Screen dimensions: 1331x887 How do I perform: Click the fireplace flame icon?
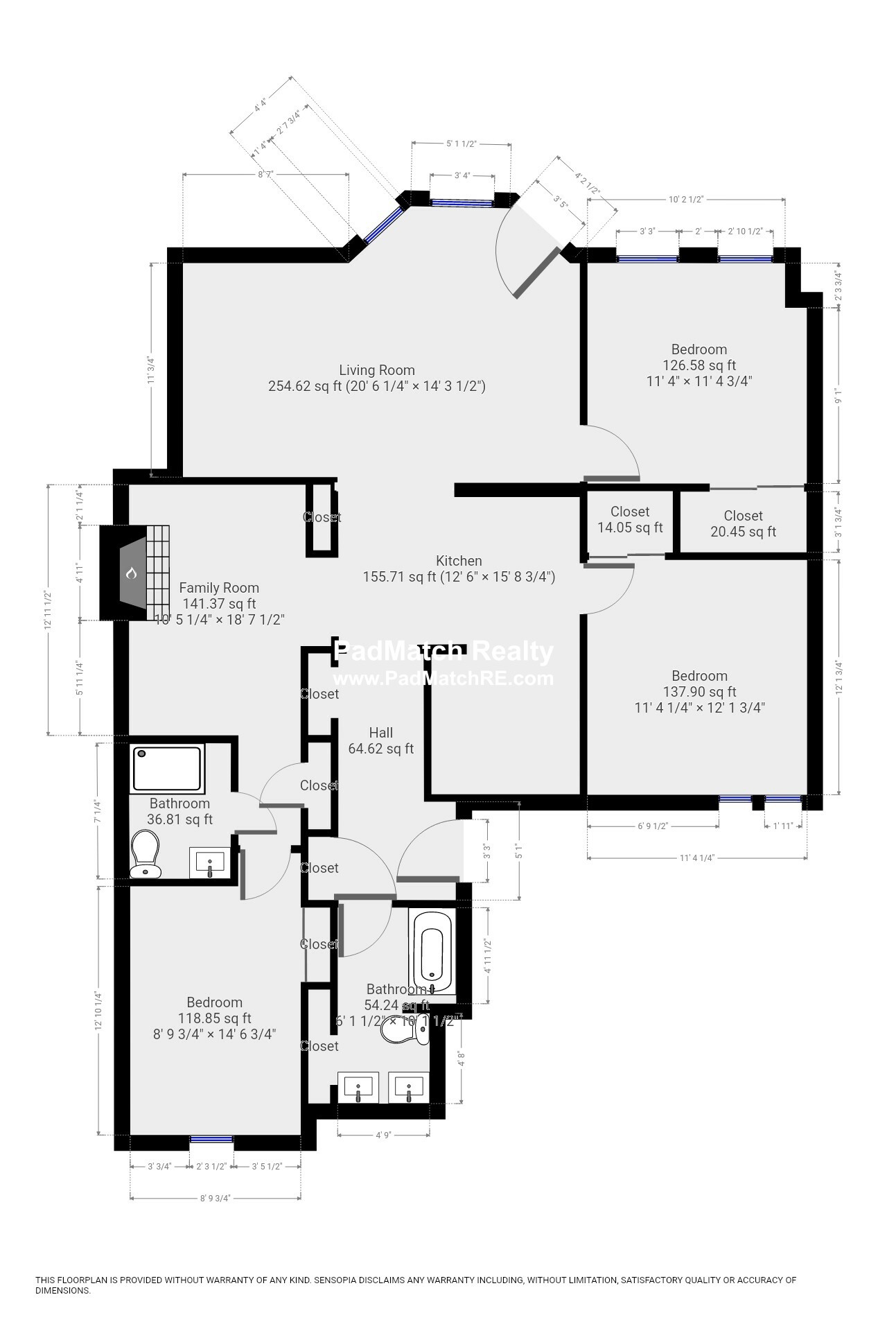[131, 573]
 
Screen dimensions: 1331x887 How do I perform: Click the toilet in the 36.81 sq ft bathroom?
[146, 854]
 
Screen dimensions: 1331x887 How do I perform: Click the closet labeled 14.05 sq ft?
[630, 519]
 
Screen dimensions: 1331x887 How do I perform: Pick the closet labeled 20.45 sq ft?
[743, 523]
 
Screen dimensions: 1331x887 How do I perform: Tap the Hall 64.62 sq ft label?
[380, 740]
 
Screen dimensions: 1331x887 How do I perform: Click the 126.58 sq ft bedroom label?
[699, 365]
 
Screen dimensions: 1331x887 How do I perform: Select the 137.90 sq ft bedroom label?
[699, 691]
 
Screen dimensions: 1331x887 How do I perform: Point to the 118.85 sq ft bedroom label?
[214, 1018]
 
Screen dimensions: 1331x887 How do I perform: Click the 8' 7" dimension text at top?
[265, 175]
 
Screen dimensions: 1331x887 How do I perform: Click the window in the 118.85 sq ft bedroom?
[211, 1139]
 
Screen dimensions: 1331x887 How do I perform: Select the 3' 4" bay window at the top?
[462, 202]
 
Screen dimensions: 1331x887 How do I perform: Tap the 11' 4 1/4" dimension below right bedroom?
[696, 858]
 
